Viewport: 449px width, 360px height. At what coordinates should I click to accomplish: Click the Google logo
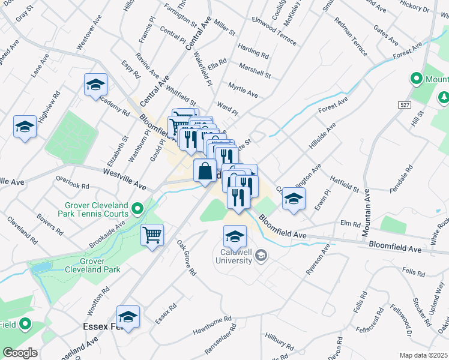[x=20, y=353]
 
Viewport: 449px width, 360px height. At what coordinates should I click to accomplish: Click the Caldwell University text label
[x=234, y=259]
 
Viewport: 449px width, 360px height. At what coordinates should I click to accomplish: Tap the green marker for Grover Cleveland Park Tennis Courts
[x=137, y=209]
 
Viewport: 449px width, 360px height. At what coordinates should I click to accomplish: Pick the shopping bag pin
[x=205, y=170]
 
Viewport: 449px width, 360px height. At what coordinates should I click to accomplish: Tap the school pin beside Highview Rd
[x=25, y=126]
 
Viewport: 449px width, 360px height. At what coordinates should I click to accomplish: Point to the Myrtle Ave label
[x=243, y=91]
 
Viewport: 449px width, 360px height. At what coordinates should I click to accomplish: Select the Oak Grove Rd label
[x=186, y=258]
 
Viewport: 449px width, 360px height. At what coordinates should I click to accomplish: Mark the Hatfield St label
[x=344, y=184]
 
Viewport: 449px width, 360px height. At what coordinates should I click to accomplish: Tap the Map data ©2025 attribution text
[x=424, y=355]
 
